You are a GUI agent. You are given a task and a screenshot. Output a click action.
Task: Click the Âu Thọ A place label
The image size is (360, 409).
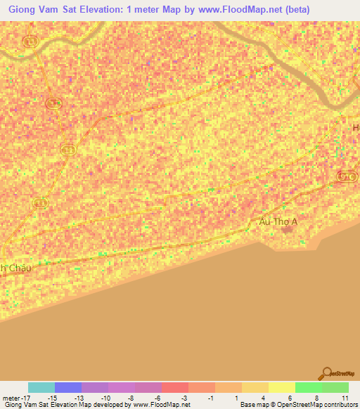[x=279, y=221]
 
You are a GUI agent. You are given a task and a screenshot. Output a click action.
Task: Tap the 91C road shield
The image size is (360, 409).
[x=346, y=177]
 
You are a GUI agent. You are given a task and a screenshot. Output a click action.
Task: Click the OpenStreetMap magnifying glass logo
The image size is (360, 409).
[x=326, y=373]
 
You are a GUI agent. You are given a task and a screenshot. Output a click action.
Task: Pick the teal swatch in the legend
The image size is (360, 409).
[x=41, y=387]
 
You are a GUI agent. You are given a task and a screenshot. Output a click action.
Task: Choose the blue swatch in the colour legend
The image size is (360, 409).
[x=68, y=387]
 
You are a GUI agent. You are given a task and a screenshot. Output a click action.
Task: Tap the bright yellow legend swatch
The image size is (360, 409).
[x=281, y=387]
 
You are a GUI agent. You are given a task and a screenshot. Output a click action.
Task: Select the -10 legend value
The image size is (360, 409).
[x=105, y=397]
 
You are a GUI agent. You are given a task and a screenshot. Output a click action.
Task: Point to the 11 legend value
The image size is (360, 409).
[x=345, y=397]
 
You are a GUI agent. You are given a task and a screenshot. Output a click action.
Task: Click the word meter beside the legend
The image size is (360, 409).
[x=11, y=397]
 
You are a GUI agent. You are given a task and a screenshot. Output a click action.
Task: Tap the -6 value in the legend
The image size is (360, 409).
[x=159, y=397]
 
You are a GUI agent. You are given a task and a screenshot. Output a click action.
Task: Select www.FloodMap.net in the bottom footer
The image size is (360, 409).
[x=160, y=405]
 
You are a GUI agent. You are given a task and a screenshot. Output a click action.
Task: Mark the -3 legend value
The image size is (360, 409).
[x=186, y=397]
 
